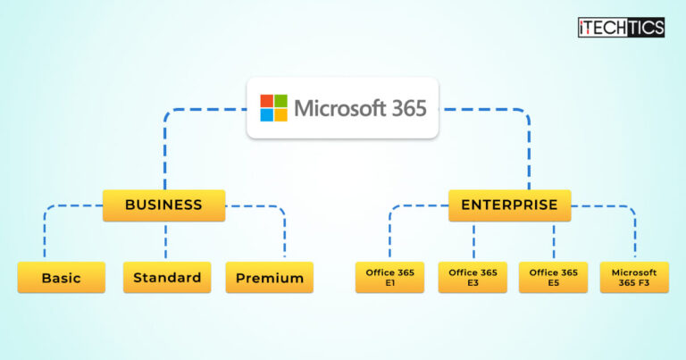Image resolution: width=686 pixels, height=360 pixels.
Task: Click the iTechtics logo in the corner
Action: [621, 28]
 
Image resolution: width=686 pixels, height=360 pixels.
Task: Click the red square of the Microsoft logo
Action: [267, 101]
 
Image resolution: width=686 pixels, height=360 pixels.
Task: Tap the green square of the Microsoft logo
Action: [281, 101]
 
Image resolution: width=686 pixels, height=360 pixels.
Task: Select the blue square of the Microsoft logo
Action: [267, 115]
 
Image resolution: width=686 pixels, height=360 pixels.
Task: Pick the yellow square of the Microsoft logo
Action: [281, 115]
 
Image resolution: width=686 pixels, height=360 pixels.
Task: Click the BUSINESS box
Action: [163, 205]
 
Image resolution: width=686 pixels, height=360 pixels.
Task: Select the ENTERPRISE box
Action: [509, 205]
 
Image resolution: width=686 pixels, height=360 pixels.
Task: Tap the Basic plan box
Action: [61, 278]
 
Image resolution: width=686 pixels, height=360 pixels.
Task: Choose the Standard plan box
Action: [167, 278]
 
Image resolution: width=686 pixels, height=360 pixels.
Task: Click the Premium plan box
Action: [270, 278]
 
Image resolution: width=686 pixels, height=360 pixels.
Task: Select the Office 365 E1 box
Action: [389, 278]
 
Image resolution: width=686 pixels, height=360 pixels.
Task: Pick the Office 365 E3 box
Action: [473, 278]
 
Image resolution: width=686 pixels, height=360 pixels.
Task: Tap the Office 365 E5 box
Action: [554, 278]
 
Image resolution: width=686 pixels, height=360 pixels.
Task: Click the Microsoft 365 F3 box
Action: [634, 278]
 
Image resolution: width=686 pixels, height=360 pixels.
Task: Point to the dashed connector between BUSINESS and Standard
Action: [165, 241]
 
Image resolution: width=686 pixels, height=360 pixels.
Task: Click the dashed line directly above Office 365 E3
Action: [473, 241]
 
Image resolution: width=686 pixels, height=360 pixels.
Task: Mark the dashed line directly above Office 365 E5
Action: [554, 241]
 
